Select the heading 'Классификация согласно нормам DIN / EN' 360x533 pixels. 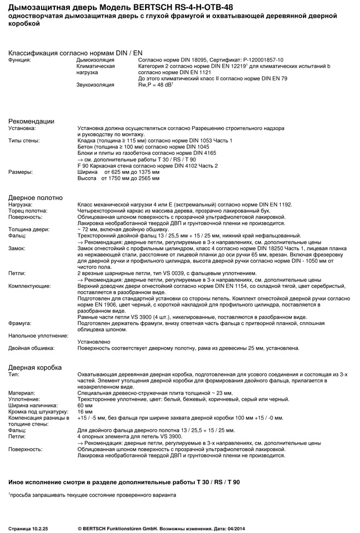coord(71,52)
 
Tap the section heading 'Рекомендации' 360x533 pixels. coord(31,121)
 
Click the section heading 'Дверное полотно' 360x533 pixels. coord(35,198)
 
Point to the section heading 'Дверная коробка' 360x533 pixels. coord(35,368)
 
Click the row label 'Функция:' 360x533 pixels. coord(19,59)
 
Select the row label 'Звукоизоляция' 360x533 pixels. coord(95,85)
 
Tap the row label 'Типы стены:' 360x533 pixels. coord(24,141)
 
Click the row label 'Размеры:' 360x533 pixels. coord(20,172)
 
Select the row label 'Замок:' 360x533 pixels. coord(17,248)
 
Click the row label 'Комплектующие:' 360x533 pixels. coord(29,286)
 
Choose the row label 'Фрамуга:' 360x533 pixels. coord(20,323)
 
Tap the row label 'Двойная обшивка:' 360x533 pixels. coord(32,348)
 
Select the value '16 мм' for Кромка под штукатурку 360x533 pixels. coord(85,412)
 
